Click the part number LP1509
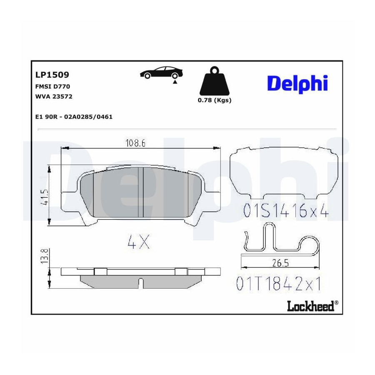click(x=52, y=75)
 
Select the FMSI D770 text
click(x=52, y=86)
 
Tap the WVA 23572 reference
click(x=54, y=96)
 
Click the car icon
click(x=161, y=72)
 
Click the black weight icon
click(x=215, y=81)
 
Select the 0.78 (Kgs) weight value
click(x=215, y=100)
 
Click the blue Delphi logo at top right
click(x=297, y=83)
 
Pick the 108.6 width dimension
click(x=135, y=143)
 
